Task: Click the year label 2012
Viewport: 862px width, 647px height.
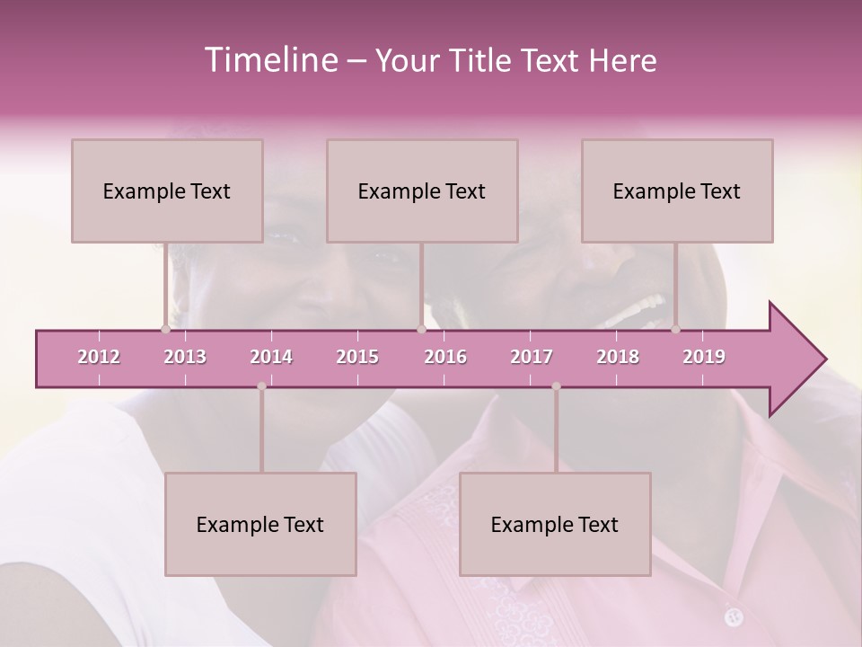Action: tap(99, 358)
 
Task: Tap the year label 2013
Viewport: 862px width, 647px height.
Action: tap(185, 358)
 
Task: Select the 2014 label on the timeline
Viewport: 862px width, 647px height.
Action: tap(271, 358)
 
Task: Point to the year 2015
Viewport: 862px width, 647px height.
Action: tap(357, 358)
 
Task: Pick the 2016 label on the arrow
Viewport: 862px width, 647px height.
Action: tap(445, 358)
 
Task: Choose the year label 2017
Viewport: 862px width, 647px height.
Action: tap(532, 358)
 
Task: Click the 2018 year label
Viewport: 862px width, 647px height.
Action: tap(618, 358)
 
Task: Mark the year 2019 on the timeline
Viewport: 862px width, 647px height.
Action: tap(704, 358)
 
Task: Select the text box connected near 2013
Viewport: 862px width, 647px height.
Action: tap(167, 191)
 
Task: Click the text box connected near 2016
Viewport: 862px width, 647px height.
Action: tap(422, 191)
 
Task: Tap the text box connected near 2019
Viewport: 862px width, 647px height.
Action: tap(677, 191)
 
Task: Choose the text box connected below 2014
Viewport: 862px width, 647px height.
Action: tap(260, 524)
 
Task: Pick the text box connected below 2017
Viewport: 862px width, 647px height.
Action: tap(555, 524)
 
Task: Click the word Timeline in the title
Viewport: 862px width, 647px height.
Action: tap(269, 60)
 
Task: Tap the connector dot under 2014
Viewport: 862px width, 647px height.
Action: tap(261, 386)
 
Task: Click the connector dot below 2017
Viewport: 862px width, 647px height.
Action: tap(556, 386)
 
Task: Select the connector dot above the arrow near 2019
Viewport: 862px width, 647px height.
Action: tap(676, 330)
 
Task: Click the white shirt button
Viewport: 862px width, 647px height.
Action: tap(734, 616)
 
